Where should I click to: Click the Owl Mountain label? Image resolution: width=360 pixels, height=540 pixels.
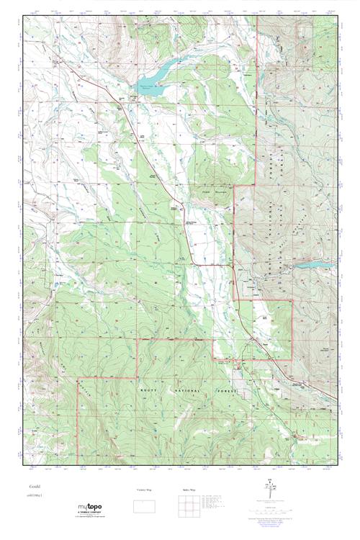(x=207, y=193)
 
